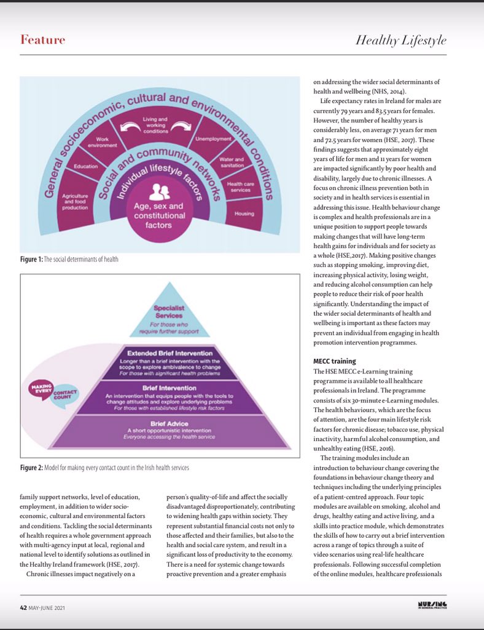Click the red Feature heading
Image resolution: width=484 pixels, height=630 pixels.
pyautogui.click(x=42, y=40)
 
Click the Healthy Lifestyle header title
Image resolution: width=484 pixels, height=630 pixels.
pyautogui.click(x=400, y=41)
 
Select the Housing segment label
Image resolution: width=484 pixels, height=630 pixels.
pyautogui.click(x=244, y=213)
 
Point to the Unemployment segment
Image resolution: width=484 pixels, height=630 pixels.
pyautogui.click(x=213, y=139)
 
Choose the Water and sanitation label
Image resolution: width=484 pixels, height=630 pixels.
pyautogui.click(x=231, y=163)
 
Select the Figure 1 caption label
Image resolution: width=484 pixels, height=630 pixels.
pyautogui.click(x=31, y=259)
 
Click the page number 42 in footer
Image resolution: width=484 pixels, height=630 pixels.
pyautogui.click(x=24, y=608)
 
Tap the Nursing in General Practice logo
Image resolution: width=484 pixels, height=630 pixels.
pyautogui.click(x=432, y=607)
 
